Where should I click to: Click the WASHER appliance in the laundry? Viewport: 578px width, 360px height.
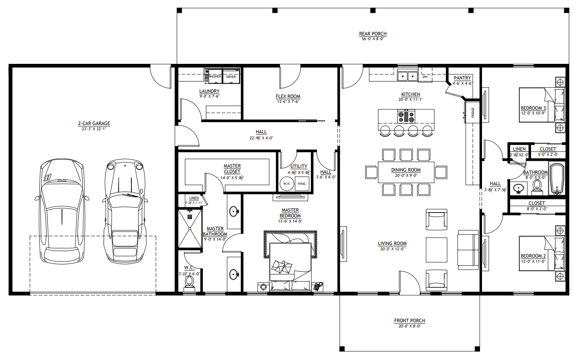pyautogui.click(x=214, y=76)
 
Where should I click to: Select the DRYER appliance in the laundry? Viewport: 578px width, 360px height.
pyautogui.click(x=231, y=76)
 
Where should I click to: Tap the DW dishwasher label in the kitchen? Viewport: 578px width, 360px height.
pyautogui.click(x=425, y=76)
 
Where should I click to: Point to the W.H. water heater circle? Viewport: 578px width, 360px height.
pyautogui.click(x=287, y=184)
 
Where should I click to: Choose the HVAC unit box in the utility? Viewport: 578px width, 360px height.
pyautogui.click(x=302, y=184)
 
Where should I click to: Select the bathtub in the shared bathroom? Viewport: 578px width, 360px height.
pyautogui.click(x=557, y=179)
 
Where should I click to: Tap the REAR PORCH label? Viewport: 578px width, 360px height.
pyautogui.click(x=373, y=34)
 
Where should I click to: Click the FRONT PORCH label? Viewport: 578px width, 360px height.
pyautogui.click(x=409, y=321)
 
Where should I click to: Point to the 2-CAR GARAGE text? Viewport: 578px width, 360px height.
pyautogui.click(x=94, y=123)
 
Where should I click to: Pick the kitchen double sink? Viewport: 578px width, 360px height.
pyautogui.click(x=408, y=76)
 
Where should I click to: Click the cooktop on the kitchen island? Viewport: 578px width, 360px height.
pyautogui.click(x=406, y=117)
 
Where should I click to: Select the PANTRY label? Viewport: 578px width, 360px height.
pyautogui.click(x=462, y=78)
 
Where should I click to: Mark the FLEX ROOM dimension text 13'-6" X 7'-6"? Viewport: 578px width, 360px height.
pyautogui.click(x=288, y=102)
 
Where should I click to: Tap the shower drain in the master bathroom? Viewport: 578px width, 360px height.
pyautogui.click(x=190, y=217)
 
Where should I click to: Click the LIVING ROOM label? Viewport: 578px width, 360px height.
pyautogui.click(x=392, y=243)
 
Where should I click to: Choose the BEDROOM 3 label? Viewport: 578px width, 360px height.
pyautogui.click(x=533, y=108)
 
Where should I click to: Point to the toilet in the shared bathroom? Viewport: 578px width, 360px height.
pyautogui.click(x=537, y=186)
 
